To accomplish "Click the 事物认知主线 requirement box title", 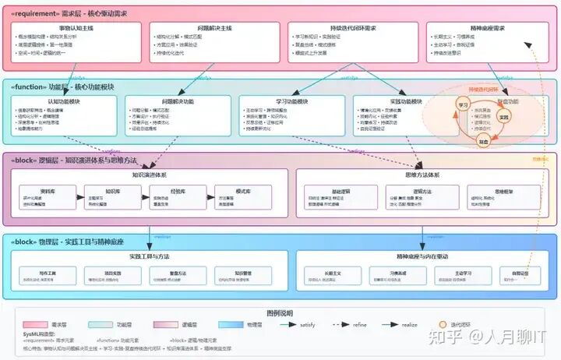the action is pyautogui.click(x=76, y=28).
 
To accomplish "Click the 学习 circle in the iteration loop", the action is pyautogui.click(x=463, y=104).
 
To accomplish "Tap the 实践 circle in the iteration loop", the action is pyautogui.click(x=503, y=118).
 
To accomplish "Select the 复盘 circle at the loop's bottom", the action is pyautogui.click(x=483, y=142).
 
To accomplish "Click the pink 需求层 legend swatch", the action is pyautogui.click(x=36, y=324).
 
